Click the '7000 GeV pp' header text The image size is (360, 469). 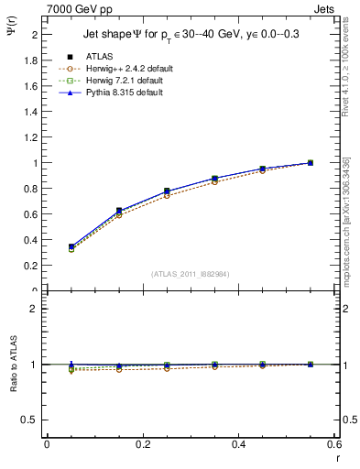(80, 8)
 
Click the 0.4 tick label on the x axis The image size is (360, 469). (238, 444)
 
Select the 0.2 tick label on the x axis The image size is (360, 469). (142, 444)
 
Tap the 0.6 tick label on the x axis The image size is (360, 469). (333, 444)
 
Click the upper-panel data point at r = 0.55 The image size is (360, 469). (310, 163)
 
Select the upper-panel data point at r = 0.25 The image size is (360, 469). (166, 191)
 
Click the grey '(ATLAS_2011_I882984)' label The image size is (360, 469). (190, 274)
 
